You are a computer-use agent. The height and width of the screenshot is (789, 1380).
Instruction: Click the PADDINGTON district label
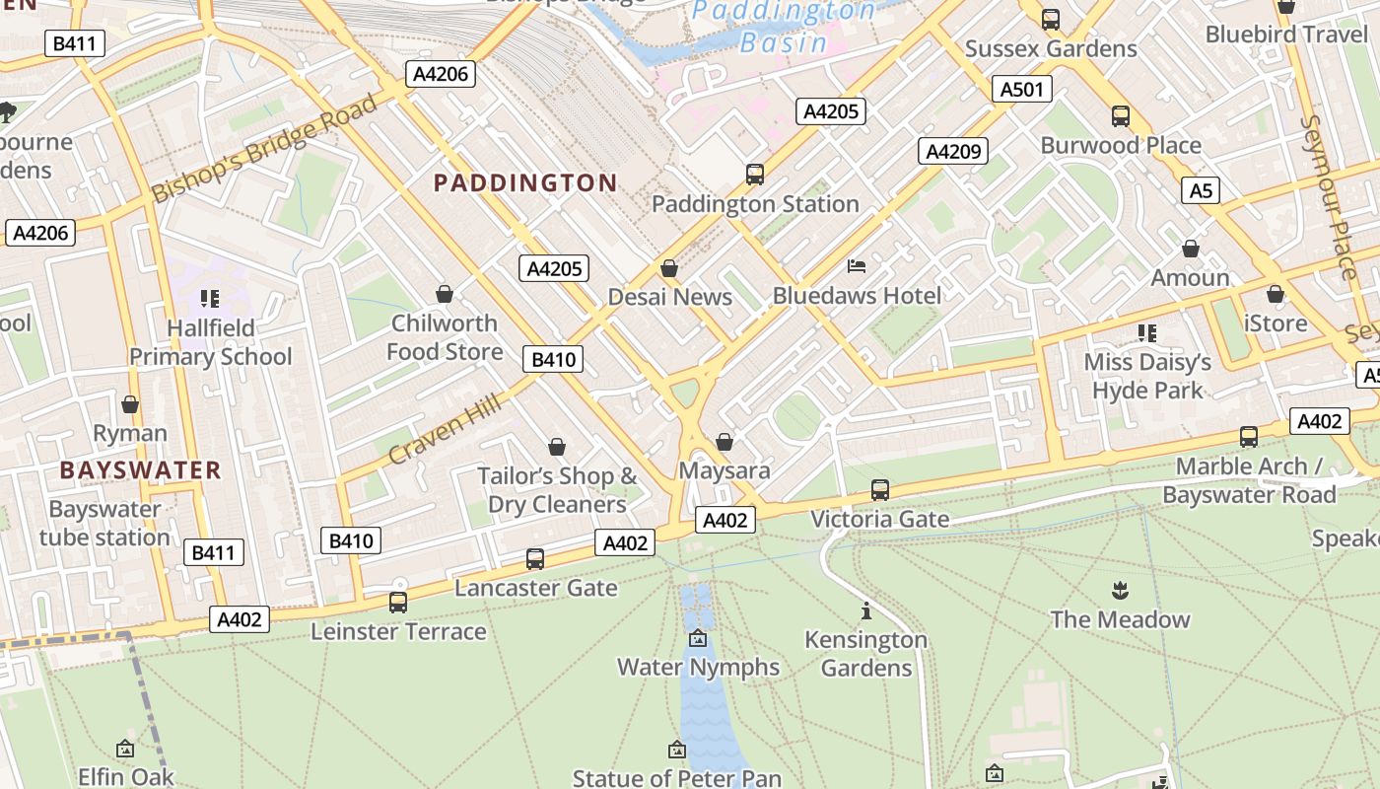pos(525,182)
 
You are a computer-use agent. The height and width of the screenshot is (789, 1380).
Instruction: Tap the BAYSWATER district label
pos(140,469)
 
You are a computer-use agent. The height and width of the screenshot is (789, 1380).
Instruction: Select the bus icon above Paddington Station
pos(755,175)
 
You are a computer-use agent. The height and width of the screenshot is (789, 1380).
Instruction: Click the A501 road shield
pos(1021,90)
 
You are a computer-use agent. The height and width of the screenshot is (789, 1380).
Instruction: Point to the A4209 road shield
pos(953,151)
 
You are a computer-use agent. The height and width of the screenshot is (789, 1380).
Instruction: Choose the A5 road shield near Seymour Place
pos(1201,189)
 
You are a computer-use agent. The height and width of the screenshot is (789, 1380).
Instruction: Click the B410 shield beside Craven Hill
pos(555,359)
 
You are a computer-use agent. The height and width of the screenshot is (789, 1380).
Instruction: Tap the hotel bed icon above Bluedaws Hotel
pos(857,266)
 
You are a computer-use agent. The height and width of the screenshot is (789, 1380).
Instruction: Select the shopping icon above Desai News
pos(669,268)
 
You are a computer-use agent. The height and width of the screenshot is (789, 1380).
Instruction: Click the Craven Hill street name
pos(445,430)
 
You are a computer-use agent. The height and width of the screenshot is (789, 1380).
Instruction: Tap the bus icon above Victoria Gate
pos(880,490)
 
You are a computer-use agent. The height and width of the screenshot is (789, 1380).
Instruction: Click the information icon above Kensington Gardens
pos(866,610)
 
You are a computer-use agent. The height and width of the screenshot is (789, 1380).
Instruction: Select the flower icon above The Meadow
pos(1120,592)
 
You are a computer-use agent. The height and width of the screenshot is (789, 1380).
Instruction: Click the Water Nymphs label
pos(698,667)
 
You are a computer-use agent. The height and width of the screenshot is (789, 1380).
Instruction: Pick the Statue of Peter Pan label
pos(676,778)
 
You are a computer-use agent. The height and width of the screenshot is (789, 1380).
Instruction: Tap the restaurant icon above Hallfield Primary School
pos(209,298)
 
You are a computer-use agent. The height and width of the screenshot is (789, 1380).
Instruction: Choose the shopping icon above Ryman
pos(130,404)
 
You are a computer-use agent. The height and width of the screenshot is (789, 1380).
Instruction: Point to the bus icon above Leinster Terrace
pos(398,602)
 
